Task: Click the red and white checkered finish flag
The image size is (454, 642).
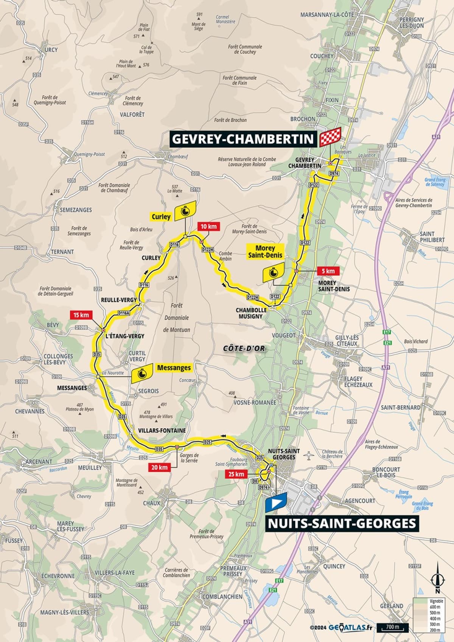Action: point(331,137)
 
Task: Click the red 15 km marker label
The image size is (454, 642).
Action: point(81,315)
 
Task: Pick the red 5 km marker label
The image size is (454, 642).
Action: point(328,271)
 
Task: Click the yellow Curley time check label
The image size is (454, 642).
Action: point(161,217)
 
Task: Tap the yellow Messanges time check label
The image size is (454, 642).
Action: point(174,368)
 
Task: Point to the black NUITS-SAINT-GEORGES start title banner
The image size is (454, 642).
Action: point(342,524)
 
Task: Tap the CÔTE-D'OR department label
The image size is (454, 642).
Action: point(243,349)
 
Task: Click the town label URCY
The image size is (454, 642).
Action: point(51,50)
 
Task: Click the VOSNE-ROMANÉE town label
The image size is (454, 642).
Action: point(255,403)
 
